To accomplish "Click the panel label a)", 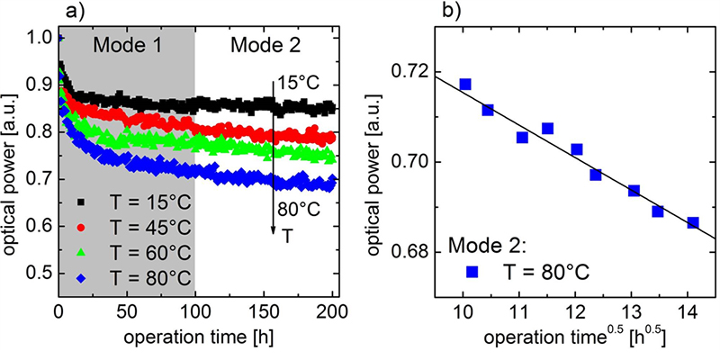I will tap(75, 13).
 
